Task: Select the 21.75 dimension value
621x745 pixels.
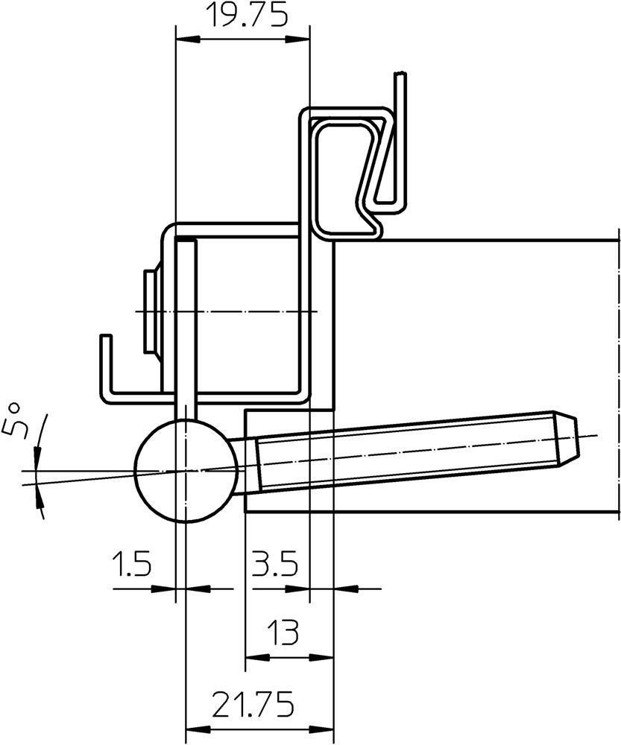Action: click(x=253, y=704)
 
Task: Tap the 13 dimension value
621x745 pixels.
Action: click(x=283, y=632)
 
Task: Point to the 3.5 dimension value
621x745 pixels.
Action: click(x=274, y=563)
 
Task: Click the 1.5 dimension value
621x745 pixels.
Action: click(x=132, y=563)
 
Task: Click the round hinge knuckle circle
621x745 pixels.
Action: click(x=186, y=470)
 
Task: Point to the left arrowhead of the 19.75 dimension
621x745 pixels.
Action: click(x=187, y=40)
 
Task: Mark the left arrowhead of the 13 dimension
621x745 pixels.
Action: click(x=256, y=658)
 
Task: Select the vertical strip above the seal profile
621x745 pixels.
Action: click(x=401, y=140)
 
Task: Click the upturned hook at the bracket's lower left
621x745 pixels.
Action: click(x=107, y=368)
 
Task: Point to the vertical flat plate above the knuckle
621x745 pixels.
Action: click(x=186, y=329)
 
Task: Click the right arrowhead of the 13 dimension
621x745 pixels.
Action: click(x=322, y=658)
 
